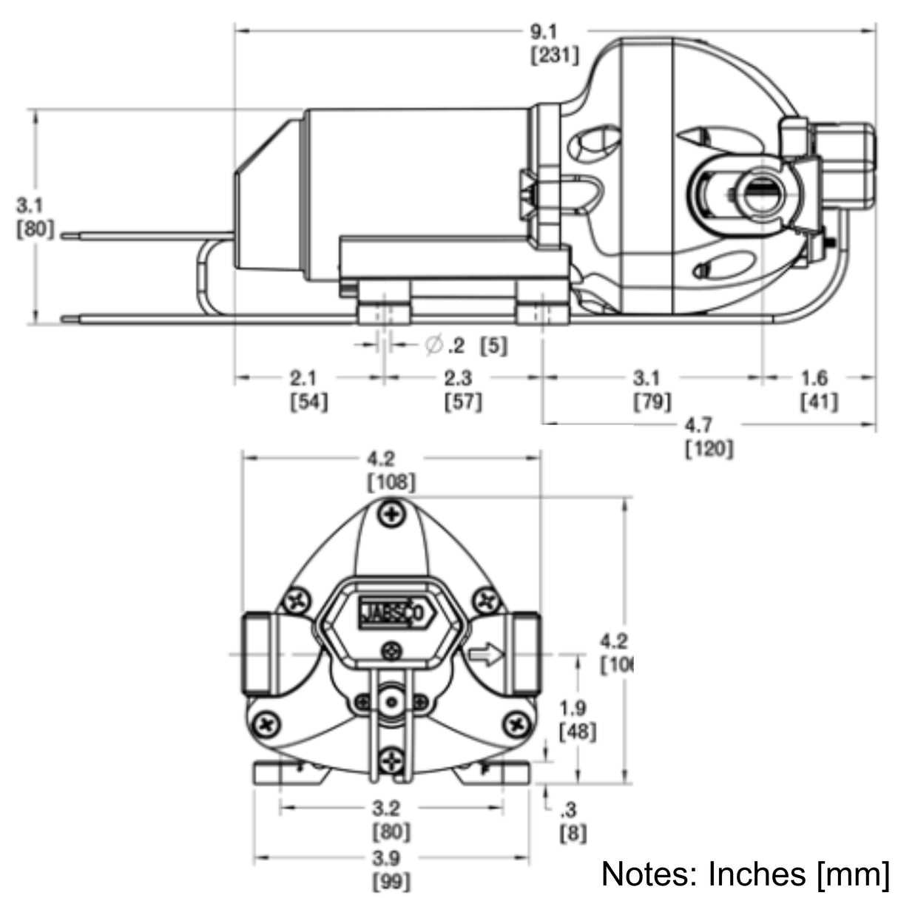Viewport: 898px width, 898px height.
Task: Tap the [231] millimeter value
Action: (x=554, y=55)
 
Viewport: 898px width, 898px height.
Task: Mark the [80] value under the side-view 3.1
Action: (x=35, y=229)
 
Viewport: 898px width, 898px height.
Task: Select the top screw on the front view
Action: (x=392, y=513)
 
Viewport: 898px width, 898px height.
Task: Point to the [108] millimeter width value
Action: (x=391, y=483)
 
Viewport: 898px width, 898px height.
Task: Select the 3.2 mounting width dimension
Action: (x=391, y=807)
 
